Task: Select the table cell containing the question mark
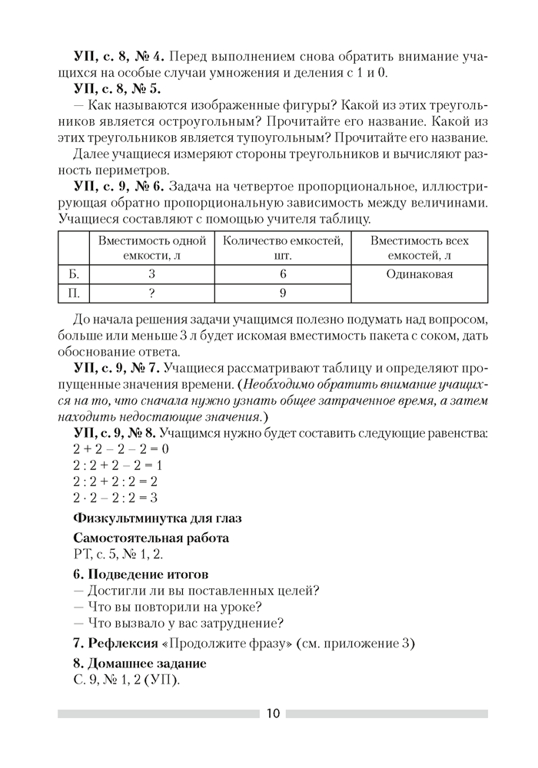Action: pos(152,293)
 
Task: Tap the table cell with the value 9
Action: pos(282,293)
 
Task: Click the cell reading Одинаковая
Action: pos(419,274)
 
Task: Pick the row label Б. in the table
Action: pos(75,274)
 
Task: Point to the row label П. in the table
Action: pos(75,293)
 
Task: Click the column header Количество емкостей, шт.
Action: pos(282,248)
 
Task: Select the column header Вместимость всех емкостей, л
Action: pos(419,248)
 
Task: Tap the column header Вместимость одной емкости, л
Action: pos(152,248)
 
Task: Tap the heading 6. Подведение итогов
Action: pos(140,574)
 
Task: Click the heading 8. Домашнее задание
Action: pos(138,662)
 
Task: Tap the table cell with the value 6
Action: pos(282,274)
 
